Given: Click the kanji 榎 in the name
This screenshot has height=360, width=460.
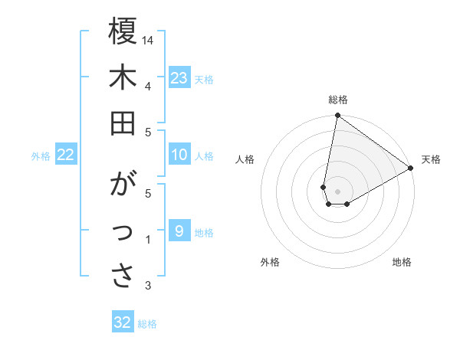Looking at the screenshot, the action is click(123, 32).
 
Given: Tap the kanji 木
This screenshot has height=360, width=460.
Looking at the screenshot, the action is click(123, 78).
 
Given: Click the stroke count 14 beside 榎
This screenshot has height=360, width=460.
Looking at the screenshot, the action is click(149, 40).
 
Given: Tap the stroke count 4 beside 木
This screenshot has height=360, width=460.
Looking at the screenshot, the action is click(148, 86).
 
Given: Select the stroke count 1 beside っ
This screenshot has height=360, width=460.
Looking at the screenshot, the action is click(148, 241).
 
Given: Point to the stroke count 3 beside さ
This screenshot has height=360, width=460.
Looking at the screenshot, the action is click(148, 286).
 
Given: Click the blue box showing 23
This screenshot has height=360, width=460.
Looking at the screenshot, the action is click(179, 77).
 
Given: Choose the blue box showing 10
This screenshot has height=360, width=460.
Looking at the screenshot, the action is click(179, 155).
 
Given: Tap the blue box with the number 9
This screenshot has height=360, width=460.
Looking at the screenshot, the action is click(179, 231).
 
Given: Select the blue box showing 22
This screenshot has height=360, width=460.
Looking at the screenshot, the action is click(66, 155).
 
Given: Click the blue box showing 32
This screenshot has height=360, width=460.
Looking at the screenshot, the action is click(123, 322).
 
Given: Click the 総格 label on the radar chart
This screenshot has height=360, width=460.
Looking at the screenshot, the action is click(337, 100).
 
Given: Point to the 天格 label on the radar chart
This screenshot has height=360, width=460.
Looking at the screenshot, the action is click(431, 159).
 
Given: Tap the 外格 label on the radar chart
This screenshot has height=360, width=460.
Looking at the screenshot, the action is click(270, 262).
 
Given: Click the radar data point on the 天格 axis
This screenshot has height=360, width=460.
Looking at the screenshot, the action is click(411, 168).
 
